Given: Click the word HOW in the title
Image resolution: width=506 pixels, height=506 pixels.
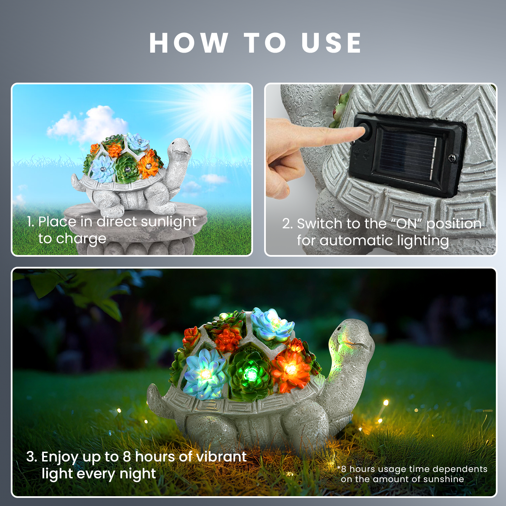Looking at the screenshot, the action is [x=188, y=43].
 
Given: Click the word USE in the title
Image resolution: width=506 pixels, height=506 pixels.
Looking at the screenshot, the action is [x=332, y=43].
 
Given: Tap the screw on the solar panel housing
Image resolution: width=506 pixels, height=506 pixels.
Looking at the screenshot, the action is [x=452, y=158].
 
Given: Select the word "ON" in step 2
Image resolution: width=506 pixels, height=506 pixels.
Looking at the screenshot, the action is [x=406, y=223].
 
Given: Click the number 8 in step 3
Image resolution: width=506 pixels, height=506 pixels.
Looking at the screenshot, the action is [x=127, y=457].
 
